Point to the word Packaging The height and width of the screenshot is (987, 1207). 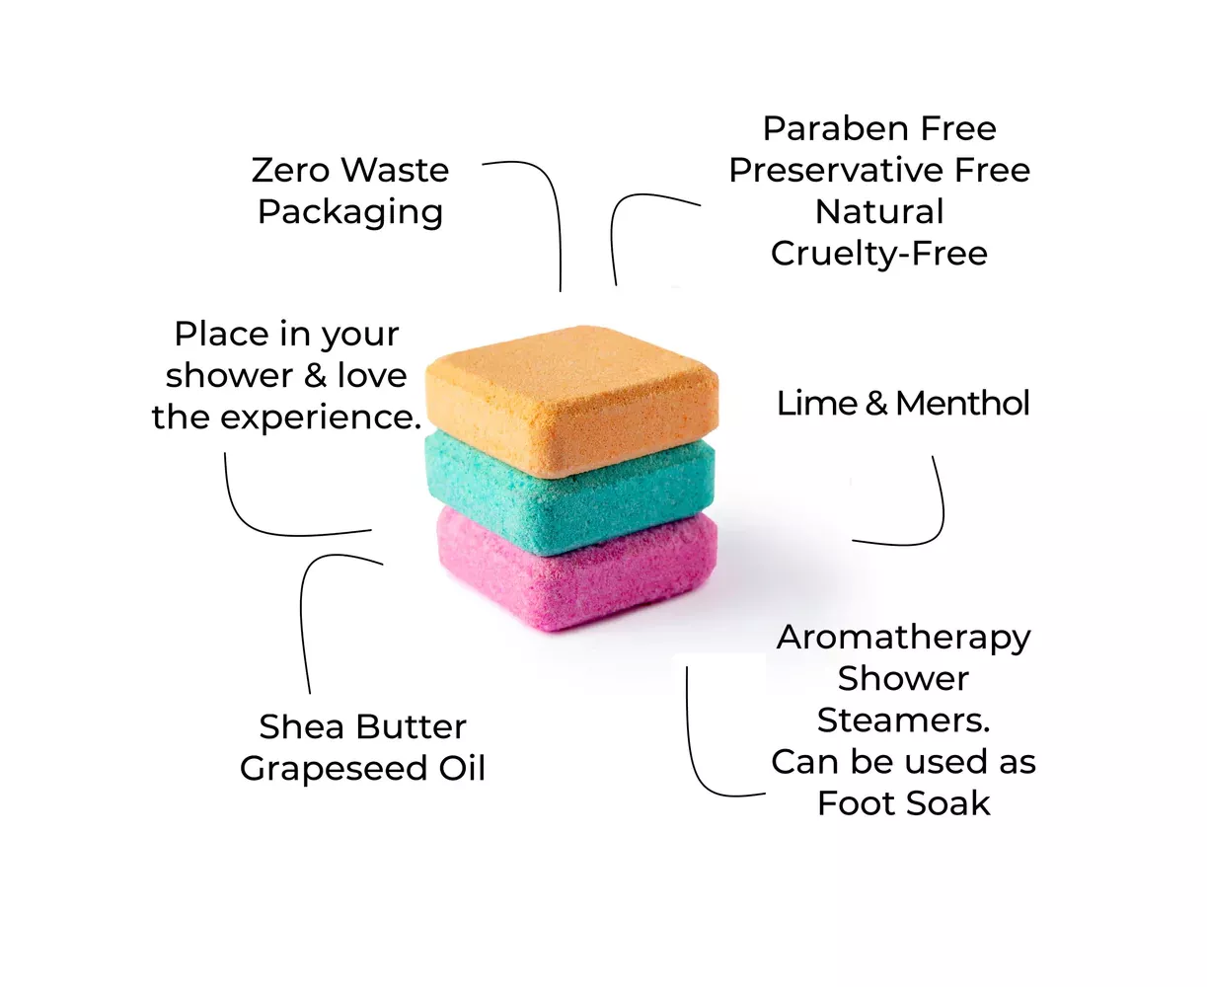point(350,212)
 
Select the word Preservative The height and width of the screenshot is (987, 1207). point(837,170)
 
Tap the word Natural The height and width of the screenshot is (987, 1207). point(879,211)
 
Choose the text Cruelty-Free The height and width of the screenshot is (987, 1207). point(879,253)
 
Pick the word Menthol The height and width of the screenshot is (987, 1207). point(962,403)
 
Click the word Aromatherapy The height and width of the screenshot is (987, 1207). point(903,637)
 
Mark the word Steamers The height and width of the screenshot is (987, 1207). point(903,720)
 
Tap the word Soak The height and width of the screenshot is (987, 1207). point(946,802)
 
